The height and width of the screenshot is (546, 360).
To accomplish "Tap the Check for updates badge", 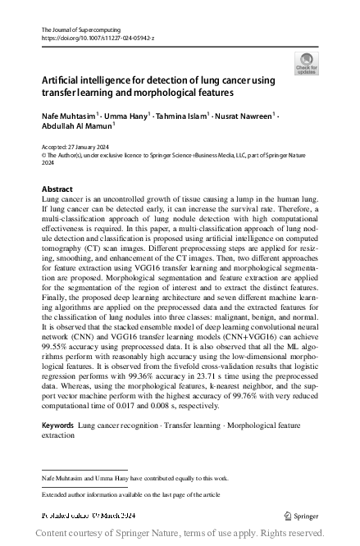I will click(305, 64).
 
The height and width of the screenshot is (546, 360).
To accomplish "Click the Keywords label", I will click(57, 426).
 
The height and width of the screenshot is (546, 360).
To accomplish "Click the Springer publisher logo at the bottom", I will click(301, 515).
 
